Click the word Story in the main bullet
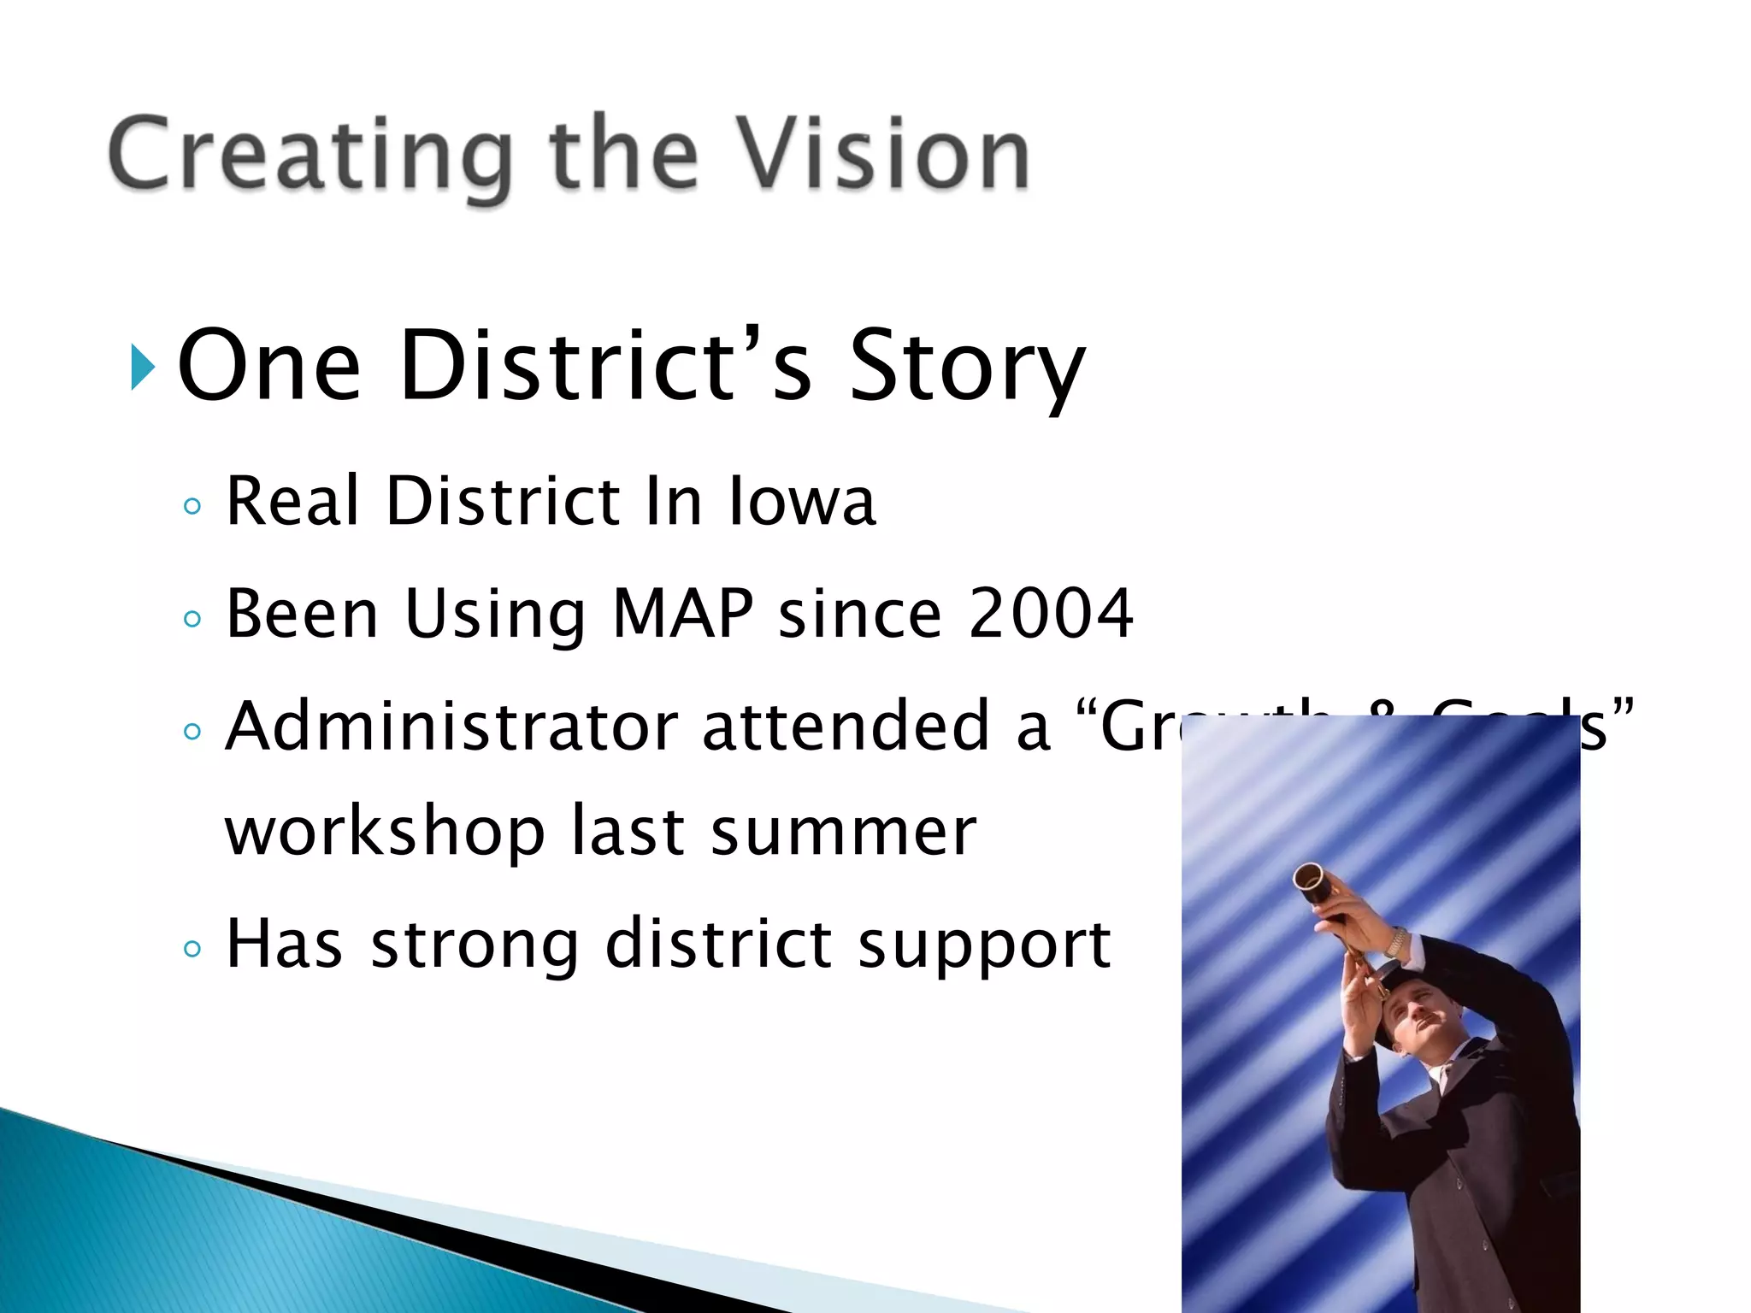[966, 366]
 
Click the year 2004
[1051, 613]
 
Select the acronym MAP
[683, 613]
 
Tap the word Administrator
[451, 726]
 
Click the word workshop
[385, 833]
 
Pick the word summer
[843, 833]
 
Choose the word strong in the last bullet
[475, 945]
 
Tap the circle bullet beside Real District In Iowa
[192, 506]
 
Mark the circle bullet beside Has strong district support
[192, 949]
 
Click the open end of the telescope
[1309, 880]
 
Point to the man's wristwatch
[1395, 942]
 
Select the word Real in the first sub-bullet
[292, 501]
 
